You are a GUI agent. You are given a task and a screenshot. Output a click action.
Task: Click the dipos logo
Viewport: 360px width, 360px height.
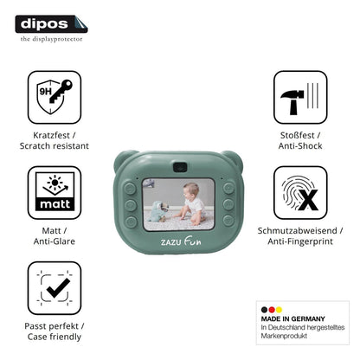click(x=51, y=24)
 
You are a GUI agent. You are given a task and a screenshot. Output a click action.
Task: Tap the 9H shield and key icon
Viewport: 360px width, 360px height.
click(x=55, y=97)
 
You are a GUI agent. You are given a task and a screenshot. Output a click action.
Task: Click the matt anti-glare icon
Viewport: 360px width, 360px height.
click(x=55, y=192)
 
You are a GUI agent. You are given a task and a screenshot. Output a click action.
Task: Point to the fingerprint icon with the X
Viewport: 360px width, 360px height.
click(x=300, y=192)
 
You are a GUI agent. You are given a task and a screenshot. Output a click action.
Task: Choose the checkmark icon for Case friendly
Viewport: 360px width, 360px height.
click(x=55, y=288)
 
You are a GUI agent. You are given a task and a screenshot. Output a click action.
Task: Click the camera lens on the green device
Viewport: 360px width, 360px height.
click(x=180, y=167)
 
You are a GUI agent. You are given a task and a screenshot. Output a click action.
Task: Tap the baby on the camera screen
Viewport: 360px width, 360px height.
click(x=191, y=204)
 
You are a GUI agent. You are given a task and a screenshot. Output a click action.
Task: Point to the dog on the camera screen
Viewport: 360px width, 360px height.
click(x=157, y=211)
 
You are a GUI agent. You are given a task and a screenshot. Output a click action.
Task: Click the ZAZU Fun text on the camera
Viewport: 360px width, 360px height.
click(x=181, y=241)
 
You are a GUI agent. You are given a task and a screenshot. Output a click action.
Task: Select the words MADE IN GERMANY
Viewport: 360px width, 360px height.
click(x=292, y=318)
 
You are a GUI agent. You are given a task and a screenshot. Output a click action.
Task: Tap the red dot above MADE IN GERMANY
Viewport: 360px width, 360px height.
click(x=272, y=310)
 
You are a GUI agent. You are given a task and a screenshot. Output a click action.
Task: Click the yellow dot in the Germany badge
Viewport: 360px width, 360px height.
click(x=279, y=310)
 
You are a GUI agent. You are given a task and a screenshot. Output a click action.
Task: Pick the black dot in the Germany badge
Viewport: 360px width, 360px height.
click(x=264, y=310)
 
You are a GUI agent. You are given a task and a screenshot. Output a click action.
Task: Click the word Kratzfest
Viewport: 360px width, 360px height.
click(x=51, y=135)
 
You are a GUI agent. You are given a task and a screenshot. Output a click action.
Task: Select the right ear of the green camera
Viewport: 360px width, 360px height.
click(x=233, y=159)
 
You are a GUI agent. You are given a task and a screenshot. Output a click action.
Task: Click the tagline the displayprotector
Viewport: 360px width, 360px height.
click(x=51, y=39)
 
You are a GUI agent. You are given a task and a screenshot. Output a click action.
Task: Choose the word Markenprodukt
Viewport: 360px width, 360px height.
click(x=284, y=336)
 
